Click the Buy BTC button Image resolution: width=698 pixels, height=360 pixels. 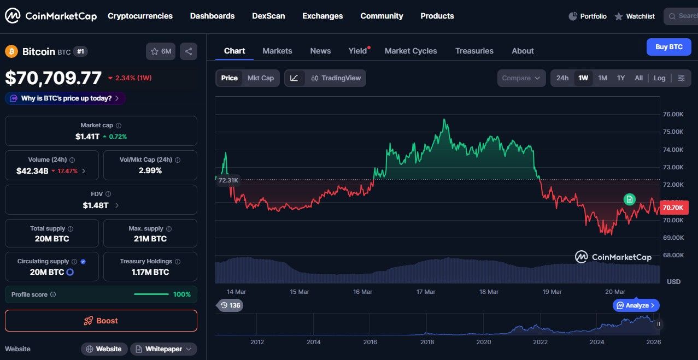[668, 47]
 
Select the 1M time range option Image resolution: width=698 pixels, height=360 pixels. [602, 78]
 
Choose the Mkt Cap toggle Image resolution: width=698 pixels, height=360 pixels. [260, 78]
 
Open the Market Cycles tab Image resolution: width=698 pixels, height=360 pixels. [410, 51]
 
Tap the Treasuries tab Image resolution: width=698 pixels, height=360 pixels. [474, 51]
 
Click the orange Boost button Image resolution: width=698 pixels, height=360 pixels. [101, 321]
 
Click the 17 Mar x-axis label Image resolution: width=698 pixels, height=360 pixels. [426, 292]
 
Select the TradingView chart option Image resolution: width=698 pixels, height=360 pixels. [336, 78]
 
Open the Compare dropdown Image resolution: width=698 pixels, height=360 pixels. [521, 78]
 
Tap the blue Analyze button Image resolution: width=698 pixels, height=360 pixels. [636, 305]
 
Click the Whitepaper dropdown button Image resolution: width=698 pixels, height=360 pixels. [163, 349]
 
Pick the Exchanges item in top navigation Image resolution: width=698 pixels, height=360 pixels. [322, 16]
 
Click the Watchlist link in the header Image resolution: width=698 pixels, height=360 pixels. [635, 16]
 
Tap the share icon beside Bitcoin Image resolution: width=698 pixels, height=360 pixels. [189, 51]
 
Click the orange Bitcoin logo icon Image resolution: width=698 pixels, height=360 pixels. [11, 51]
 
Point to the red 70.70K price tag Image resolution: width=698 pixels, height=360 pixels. [674, 208]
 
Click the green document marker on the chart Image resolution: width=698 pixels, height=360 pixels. [630, 199]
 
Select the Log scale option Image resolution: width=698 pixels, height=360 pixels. [659, 78]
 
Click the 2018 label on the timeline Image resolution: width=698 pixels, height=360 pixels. [427, 342]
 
